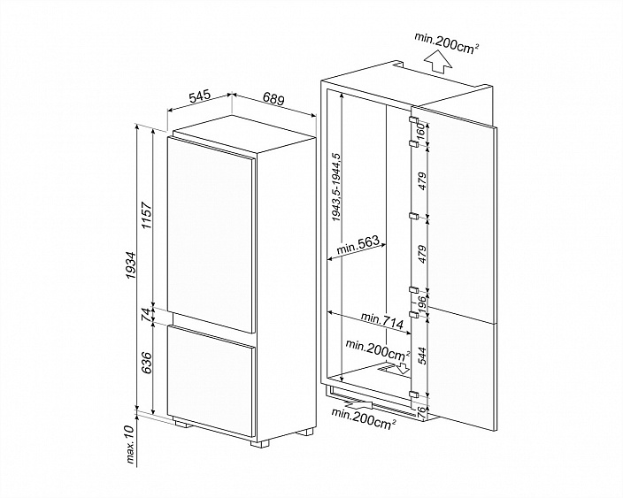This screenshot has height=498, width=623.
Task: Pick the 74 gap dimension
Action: [147, 314]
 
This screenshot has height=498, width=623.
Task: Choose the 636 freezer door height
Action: [147, 365]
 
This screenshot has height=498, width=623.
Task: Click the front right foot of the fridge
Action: [305, 433]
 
